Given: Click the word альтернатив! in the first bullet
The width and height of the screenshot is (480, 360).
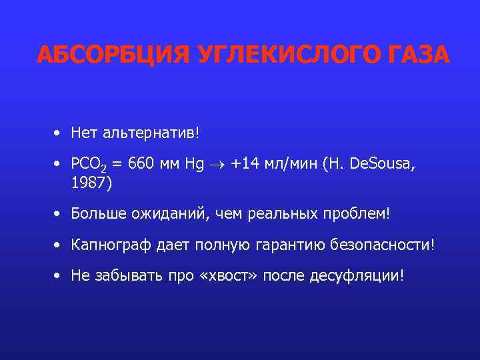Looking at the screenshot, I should [x=151, y=133].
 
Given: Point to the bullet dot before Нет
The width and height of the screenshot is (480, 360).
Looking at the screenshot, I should [x=59, y=133].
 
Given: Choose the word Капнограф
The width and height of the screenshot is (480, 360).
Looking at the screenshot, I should [x=106, y=245].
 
